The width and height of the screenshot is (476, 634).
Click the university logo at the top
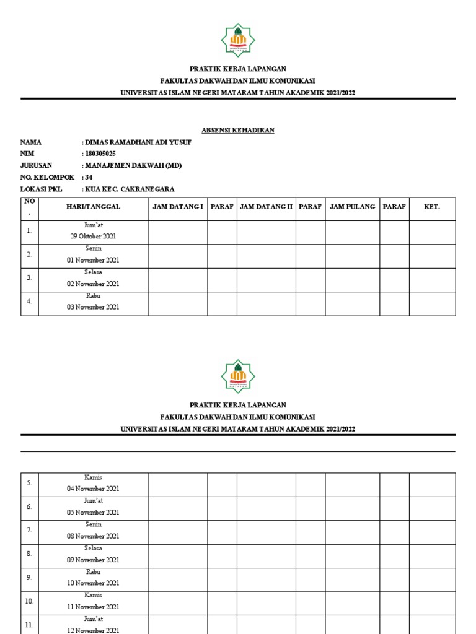(238, 40)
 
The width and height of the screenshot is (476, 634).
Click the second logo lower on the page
(238, 376)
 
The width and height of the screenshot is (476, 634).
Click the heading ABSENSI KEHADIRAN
(238, 130)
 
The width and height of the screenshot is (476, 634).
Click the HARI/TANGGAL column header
(93, 206)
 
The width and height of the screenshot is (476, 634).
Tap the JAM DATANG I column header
(178, 206)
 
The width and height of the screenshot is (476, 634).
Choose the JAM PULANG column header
(353, 206)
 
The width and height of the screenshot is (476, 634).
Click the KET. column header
(432, 206)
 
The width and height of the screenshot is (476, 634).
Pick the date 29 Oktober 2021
(93, 237)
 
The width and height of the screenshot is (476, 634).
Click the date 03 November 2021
(93, 307)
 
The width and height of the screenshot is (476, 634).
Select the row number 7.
(29, 530)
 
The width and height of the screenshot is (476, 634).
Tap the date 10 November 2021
(93, 583)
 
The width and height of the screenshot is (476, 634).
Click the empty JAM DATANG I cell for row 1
(178, 232)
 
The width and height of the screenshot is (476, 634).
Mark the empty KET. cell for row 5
(432, 484)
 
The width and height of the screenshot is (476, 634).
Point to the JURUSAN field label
(36, 165)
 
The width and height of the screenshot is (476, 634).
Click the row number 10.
(29, 601)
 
